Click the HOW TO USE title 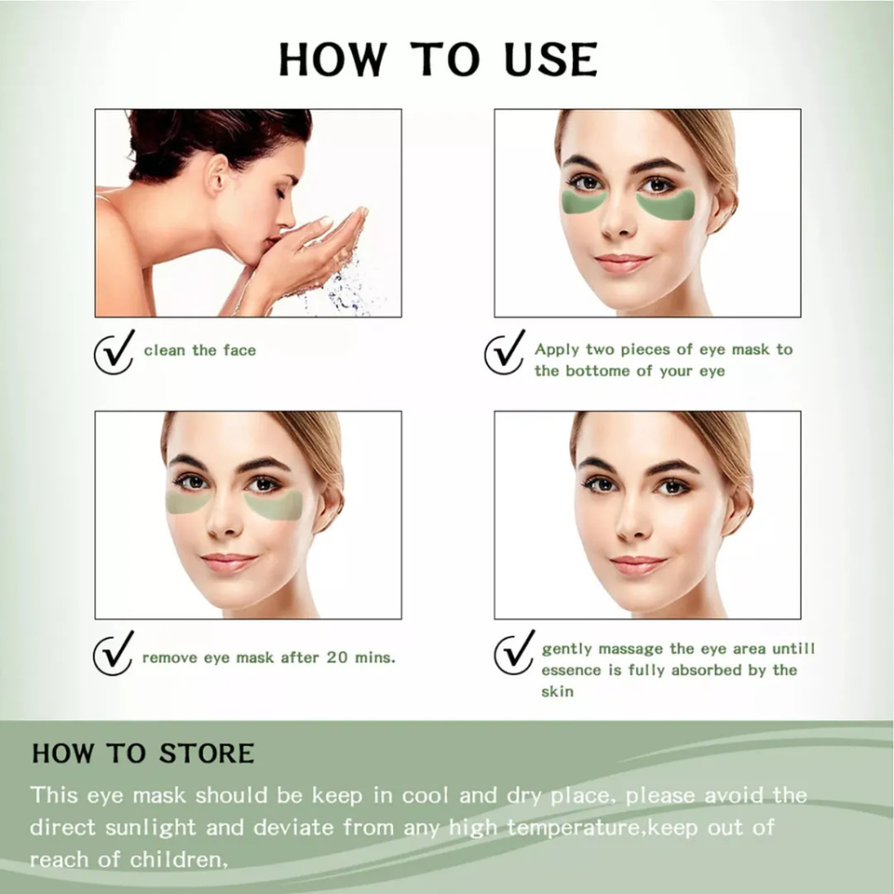pos(438,59)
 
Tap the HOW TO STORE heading pos(142,752)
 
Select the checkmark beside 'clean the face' pos(114,352)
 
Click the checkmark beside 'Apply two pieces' pos(505,352)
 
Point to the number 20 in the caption pos(339,657)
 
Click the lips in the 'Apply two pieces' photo pos(621,263)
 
